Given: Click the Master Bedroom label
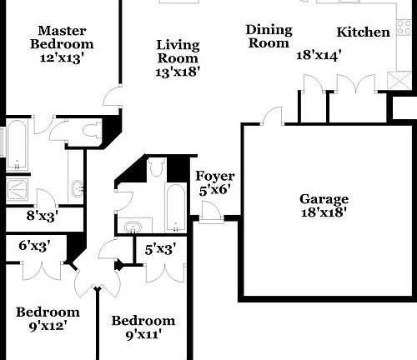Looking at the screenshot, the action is tap(62, 37).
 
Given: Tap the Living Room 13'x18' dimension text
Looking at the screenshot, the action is tap(178, 72).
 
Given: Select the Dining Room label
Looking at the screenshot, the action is tap(269, 37).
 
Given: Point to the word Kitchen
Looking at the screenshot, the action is tap(363, 32).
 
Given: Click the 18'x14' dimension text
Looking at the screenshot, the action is tap(319, 55).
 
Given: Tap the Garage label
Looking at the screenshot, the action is tap(324, 199).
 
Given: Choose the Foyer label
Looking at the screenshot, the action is tap(215, 176).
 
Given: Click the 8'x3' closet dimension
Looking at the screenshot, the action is tap(43, 216).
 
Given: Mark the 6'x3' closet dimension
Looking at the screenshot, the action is tap(35, 246).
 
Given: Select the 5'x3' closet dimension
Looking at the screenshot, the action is tap(160, 249).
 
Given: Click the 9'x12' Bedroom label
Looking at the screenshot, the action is tap(48, 318).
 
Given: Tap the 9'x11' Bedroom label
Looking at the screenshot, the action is tap(143, 327).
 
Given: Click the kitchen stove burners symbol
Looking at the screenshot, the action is tap(404, 27).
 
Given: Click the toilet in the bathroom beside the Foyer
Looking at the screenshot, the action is tap(155, 167).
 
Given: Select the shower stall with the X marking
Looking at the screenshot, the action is tap(17, 189).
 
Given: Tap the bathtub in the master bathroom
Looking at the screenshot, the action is tap(17, 144).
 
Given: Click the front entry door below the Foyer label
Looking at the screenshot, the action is tap(211, 212).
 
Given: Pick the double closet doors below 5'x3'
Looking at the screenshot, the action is tap(165, 273).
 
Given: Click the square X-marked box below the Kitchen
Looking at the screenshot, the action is tap(399, 81).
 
